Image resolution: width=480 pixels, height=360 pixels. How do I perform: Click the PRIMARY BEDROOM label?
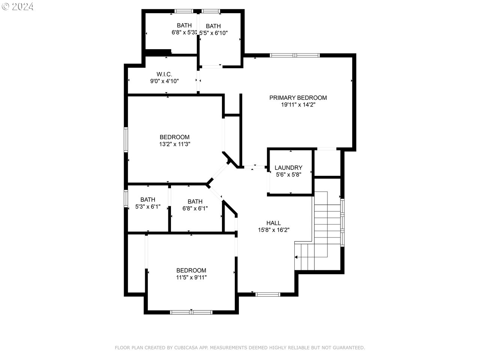pos(298,98)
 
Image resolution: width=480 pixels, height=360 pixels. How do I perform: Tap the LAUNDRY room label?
pos(288,168)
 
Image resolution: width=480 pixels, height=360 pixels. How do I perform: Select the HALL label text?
pos(274,223)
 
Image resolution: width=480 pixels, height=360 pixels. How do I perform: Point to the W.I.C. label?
pos(164,74)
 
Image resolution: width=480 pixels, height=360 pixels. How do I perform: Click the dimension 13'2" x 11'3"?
pos(174,144)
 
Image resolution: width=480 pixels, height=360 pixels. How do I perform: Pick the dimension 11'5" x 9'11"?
pos(191,277)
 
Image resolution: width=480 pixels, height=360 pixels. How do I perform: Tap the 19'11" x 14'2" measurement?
pos(298,105)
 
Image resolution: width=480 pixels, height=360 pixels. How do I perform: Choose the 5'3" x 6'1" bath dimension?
pos(148,207)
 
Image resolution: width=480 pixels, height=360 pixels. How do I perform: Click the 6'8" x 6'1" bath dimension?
pos(195,208)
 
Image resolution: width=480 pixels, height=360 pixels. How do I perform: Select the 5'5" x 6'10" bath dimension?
pos(213,33)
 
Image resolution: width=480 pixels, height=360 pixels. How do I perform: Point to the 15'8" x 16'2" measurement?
pos(274,230)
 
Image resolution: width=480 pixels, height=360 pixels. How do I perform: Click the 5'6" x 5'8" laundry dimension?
pos(288,175)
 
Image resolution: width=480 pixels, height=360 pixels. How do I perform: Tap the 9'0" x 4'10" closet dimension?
pos(164,81)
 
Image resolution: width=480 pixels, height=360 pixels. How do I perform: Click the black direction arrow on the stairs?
pos(296,257)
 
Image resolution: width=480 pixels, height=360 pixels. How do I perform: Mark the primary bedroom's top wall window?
pos(294,55)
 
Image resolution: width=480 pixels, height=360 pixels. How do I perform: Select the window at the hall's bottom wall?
pos(268,294)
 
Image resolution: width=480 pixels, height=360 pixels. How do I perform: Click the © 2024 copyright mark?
pos(18,6)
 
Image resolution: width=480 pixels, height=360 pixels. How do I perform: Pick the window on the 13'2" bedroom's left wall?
pos(126,139)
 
